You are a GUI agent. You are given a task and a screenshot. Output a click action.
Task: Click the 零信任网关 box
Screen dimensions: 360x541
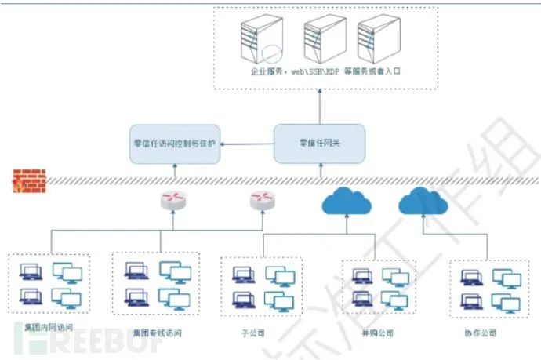(x=320, y=144)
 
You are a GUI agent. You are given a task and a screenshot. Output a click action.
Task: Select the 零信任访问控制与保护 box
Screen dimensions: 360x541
(x=176, y=144)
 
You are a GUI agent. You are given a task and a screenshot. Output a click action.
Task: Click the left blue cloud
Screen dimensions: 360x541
(x=345, y=203)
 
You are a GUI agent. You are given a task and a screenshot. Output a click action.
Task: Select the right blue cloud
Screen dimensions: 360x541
(x=423, y=203)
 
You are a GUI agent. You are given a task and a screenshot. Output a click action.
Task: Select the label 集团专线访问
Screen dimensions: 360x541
(x=158, y=333)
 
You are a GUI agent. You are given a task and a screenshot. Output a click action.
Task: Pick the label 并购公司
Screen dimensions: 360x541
(x=377, y=333)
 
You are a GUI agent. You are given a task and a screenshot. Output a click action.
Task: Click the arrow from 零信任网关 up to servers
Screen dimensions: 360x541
(x=320, y=105)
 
